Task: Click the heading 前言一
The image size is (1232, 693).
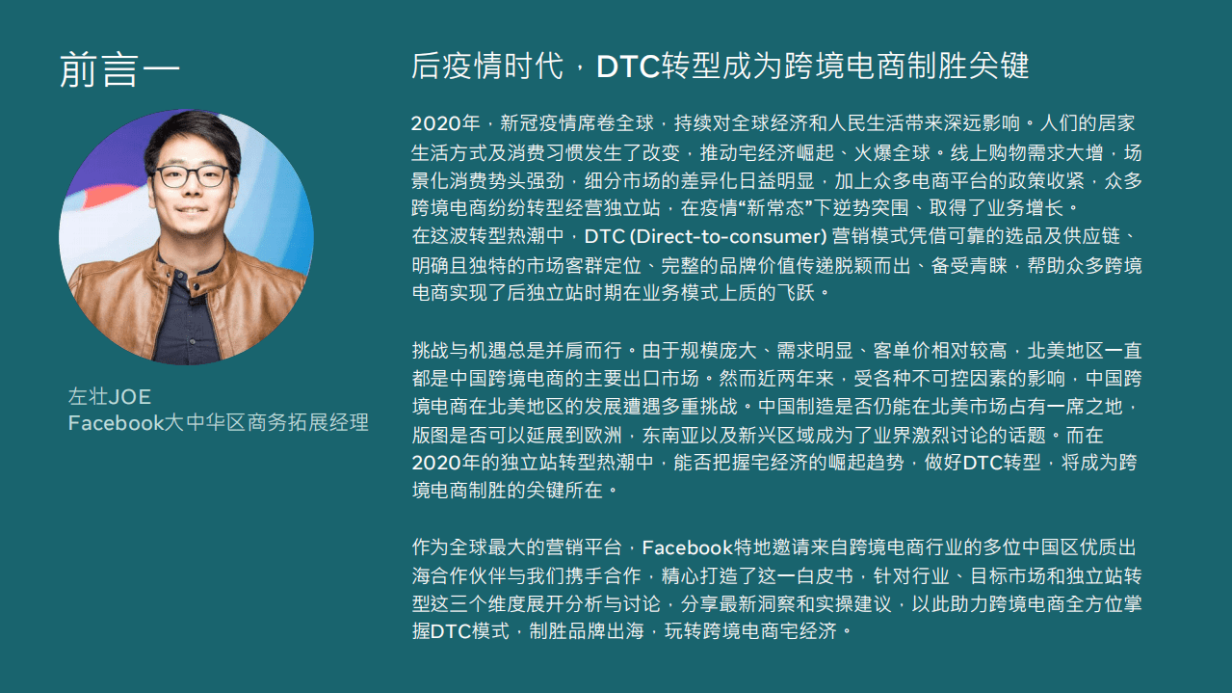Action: [119, 69]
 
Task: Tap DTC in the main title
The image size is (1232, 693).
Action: [627, 67]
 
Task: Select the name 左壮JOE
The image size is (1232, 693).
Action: [110, 397]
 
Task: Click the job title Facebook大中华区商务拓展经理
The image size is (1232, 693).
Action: [218, 423]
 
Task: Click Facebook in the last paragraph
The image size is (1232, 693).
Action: [687, 548]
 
